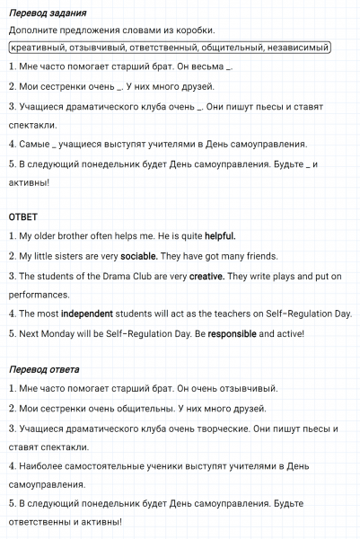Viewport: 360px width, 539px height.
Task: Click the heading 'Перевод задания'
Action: [x=47, y=13]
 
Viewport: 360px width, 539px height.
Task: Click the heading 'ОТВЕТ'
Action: [x=22, y=217]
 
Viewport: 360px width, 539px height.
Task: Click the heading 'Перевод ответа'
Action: [x=43, y=370]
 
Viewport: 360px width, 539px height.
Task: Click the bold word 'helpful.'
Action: [x=220, y=236]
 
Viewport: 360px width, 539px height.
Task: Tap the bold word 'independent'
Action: [x=93, y=314]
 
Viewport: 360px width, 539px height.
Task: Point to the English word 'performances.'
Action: [x=39, y=295]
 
